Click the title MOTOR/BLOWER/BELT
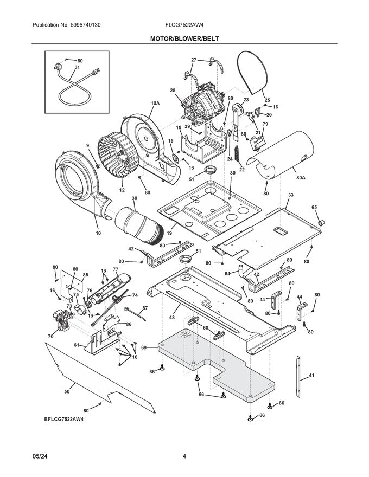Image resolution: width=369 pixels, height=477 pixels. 184,38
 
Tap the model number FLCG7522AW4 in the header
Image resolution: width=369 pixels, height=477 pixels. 184,25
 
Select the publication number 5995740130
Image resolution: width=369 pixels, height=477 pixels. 85,25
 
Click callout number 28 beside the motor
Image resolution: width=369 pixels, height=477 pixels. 173,91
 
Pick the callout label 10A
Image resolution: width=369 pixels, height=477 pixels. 155,104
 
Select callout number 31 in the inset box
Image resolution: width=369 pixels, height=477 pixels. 77,68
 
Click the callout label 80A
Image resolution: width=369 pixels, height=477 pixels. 301,177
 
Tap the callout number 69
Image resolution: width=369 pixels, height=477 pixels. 144,347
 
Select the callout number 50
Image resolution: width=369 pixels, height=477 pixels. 67,391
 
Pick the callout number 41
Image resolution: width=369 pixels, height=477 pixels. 311,376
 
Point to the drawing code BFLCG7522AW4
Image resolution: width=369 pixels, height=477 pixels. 63,419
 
